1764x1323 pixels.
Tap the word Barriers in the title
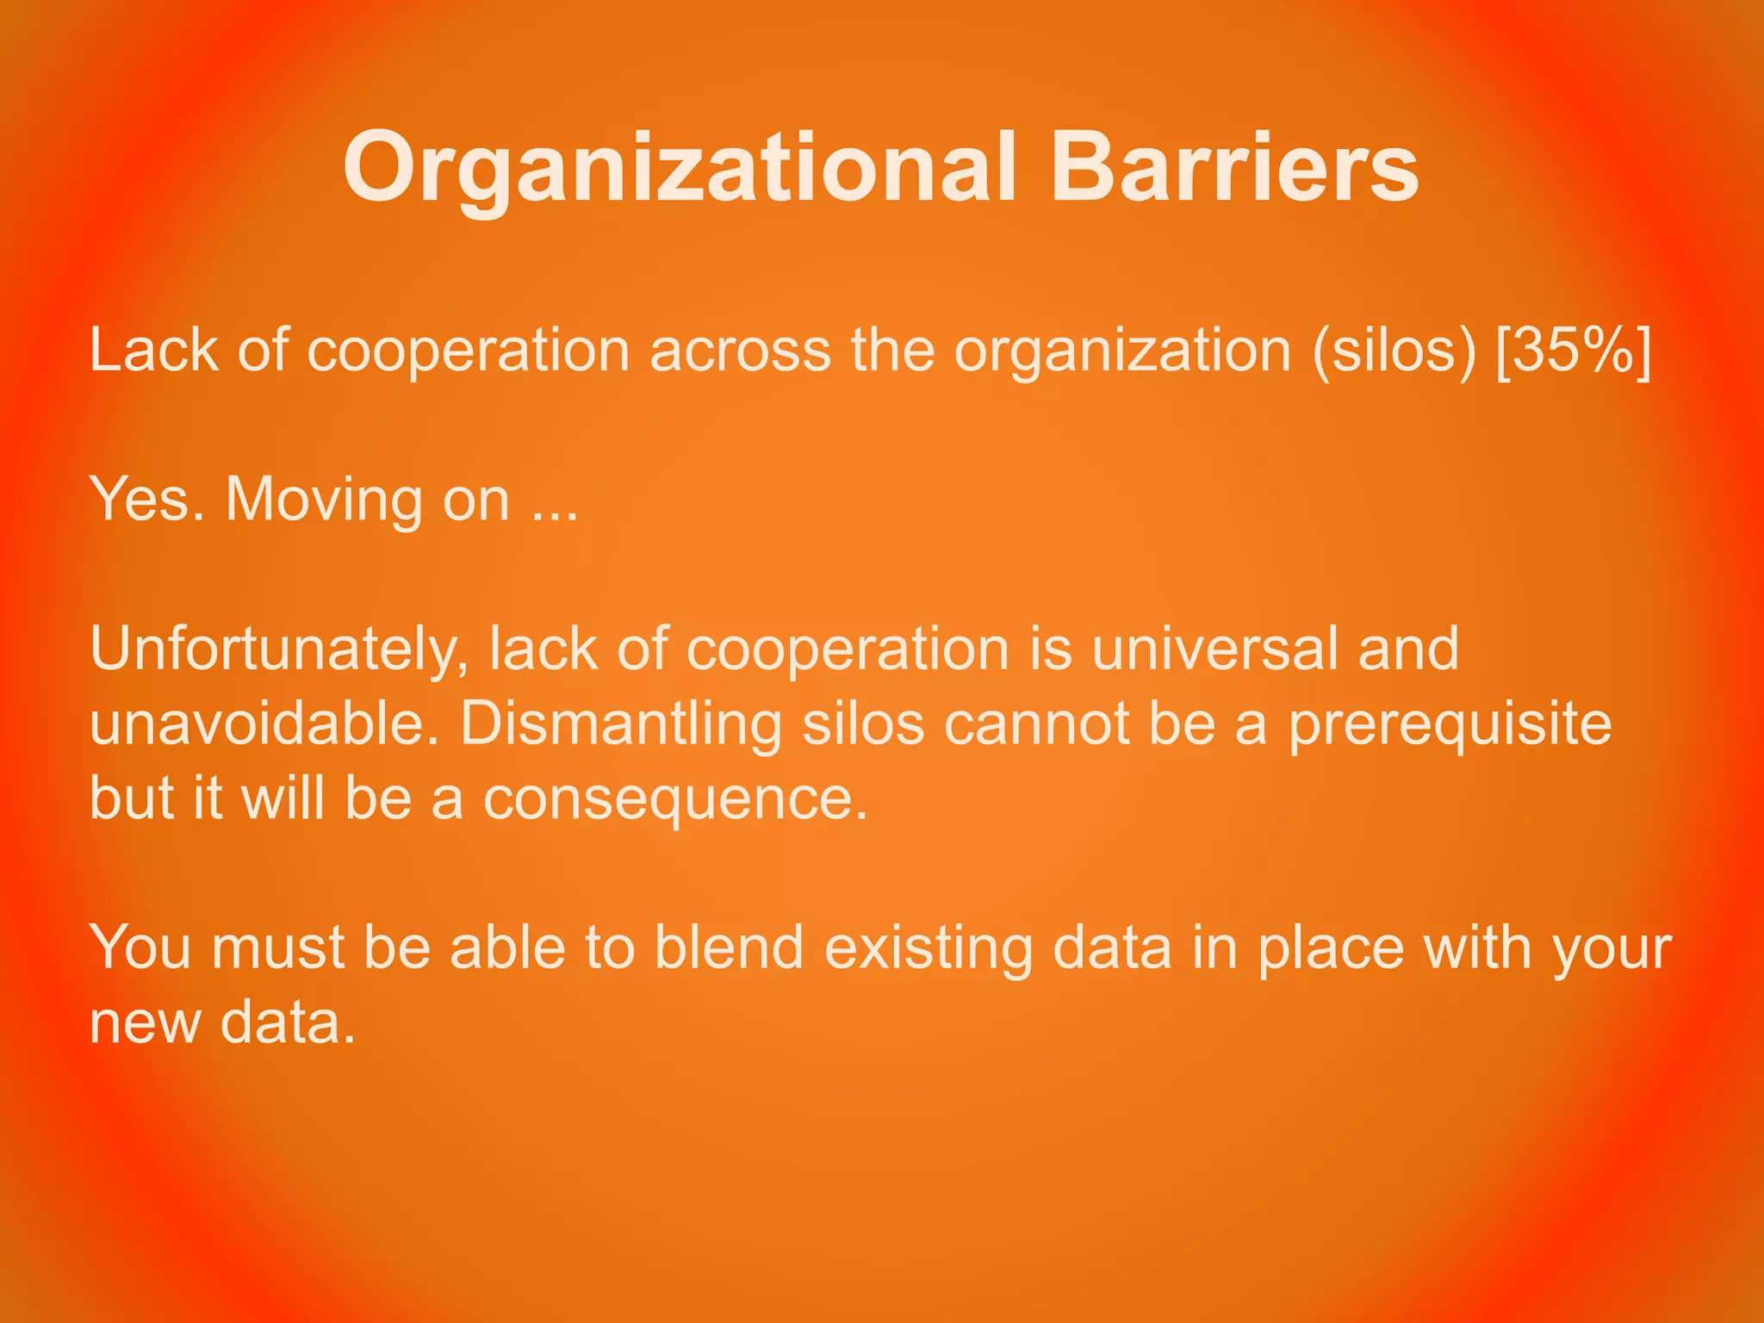pyautogui.click(x=1233, y=168)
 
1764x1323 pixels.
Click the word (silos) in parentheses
pyautogui.click(x=1394, y=351)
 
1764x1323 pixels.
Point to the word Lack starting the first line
pyautogui.click(x=153, y=351)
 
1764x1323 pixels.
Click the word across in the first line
pyautogui.click(x=740, y=351)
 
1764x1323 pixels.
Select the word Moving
pyautogui.click(x=323, y=500)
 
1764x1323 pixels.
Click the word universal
pyautogui.click(x=1214, y=649)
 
